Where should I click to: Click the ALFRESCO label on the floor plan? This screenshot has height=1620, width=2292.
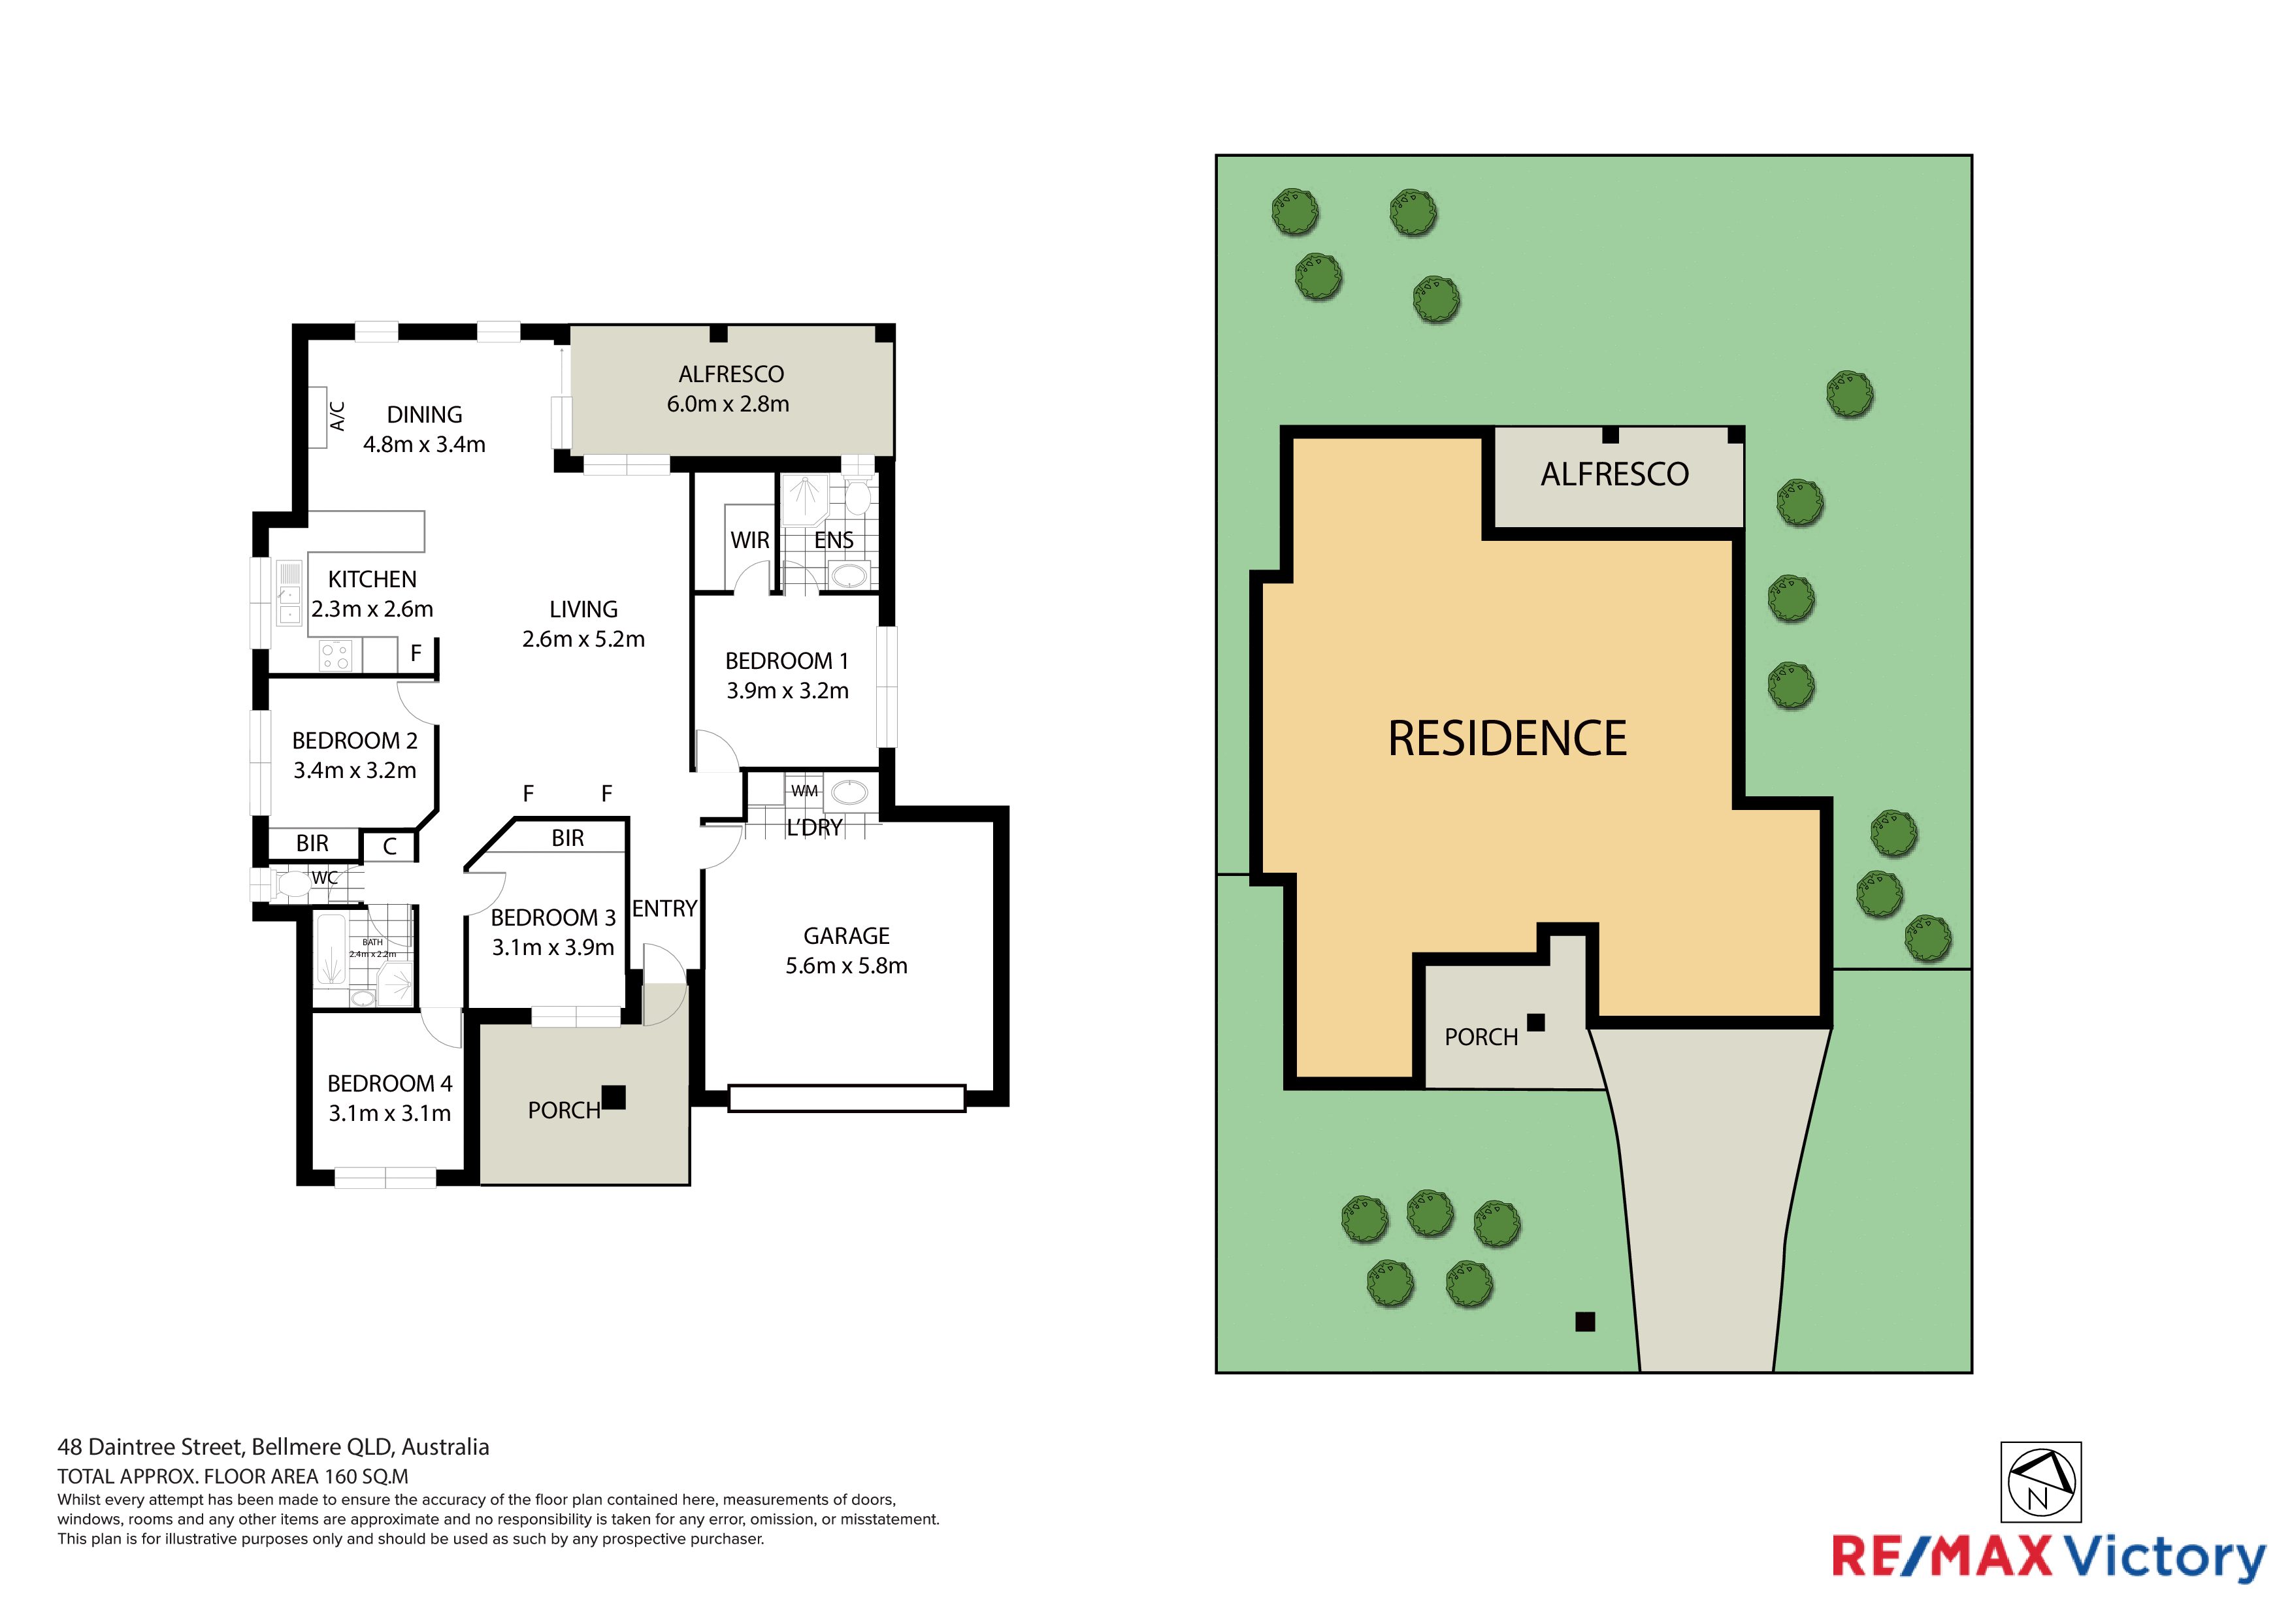pyautogui.click(x=730, y=374)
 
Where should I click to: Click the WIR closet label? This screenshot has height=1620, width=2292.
pyautogui.click(x=749, y=540)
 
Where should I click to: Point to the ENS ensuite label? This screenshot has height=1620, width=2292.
pyautogui.click(x=834, y=540)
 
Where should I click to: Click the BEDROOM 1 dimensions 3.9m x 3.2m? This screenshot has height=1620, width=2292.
pyautogui.click(x=787, y=690)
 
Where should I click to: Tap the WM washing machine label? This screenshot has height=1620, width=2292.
pyautogui.click(x=804, y=790)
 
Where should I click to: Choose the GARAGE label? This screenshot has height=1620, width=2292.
pyautogui.click(x=847, y=935)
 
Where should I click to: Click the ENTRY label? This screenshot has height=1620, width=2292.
pyautogui.click(x=664, y=909)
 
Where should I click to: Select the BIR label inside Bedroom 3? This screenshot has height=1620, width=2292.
pyautogui.click(x=568, y=839)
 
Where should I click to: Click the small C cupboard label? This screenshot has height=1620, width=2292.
pyautogui.click(x=390, y=847)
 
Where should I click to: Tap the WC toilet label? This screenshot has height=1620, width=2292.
pyautogui.click(x=325, y=877)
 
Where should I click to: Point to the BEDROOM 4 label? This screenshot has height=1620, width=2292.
pyautogui.click(x=389, y=1083)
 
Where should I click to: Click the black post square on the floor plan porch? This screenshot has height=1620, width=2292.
pyautogui.click(x=614, y=1097)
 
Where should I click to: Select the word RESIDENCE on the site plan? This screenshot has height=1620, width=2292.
pyautogui.click(x=1507, y=739)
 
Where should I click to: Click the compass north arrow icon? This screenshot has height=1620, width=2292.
pyautogui.click(x=2040, y=1482)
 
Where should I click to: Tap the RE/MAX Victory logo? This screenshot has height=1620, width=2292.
pyautogui.click(x=2048, y=1557)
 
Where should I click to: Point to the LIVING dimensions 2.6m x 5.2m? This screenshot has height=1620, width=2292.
pyautogui.click(x=584, y=639)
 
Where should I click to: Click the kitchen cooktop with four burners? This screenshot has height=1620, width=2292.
pyautogui.click(x=335, y=656)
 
